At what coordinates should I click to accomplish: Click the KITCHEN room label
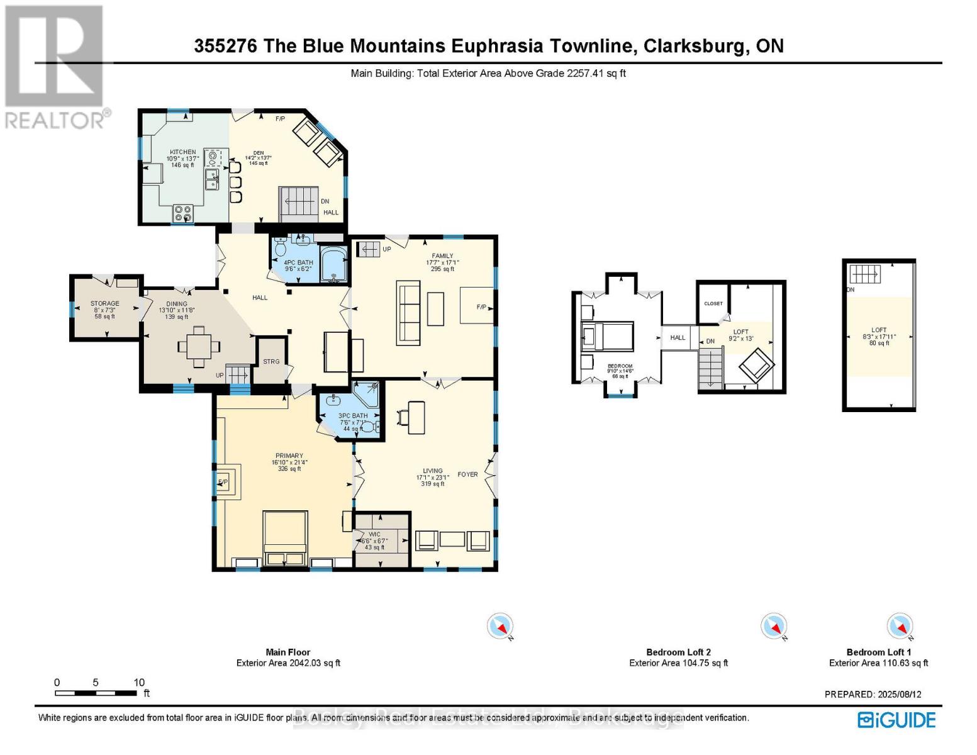(x=182, y=152)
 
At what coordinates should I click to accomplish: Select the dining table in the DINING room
(x=199, y=345)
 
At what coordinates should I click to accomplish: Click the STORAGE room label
(x=104, y=303)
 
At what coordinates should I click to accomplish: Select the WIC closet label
(x=375, y=534)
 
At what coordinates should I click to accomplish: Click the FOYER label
(x=467, y=474)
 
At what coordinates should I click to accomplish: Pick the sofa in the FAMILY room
(x=408, y=313)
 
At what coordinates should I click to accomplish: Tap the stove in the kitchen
(x=183, y=214)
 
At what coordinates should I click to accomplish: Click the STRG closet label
(x=271, y=361)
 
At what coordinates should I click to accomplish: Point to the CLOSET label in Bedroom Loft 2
(x=713, y=303)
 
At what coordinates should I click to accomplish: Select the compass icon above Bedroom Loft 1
(x=899, y=626)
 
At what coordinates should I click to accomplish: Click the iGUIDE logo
(x=896, y=720)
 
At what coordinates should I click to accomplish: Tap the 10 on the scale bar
(x=139, y=683)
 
